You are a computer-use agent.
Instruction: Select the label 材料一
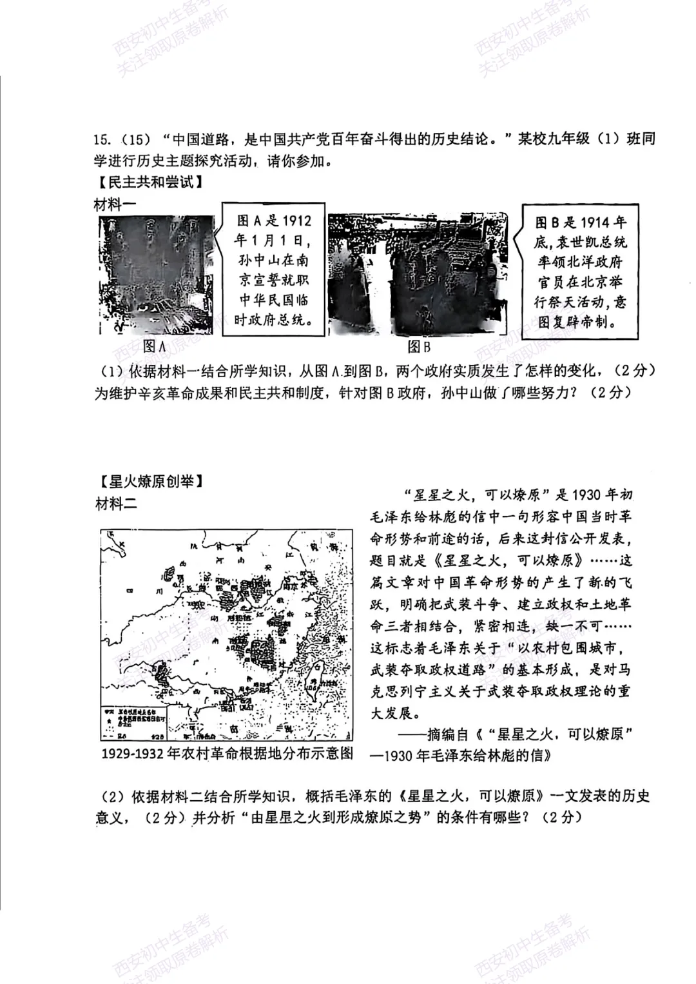pos(116,205)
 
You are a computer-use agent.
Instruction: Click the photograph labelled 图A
pos(157,275)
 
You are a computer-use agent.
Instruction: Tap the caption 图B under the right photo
pos(418,347)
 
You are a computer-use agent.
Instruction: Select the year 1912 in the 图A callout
pos(296,221)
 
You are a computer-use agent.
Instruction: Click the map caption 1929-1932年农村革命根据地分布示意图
pos(227,753)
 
